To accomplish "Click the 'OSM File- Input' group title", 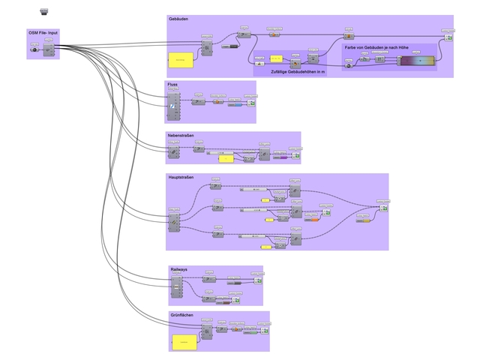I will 43,33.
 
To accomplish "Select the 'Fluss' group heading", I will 172,84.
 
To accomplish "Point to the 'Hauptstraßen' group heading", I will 182,178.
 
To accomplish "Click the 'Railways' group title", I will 178,268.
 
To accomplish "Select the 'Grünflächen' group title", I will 181,315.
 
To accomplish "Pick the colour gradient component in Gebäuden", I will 416,60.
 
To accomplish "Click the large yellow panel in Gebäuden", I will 179,58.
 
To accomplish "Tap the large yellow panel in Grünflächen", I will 183,342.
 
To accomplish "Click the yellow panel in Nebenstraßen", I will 226,159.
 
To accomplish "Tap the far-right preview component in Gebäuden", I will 448,37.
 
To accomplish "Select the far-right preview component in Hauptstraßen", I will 383,208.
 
